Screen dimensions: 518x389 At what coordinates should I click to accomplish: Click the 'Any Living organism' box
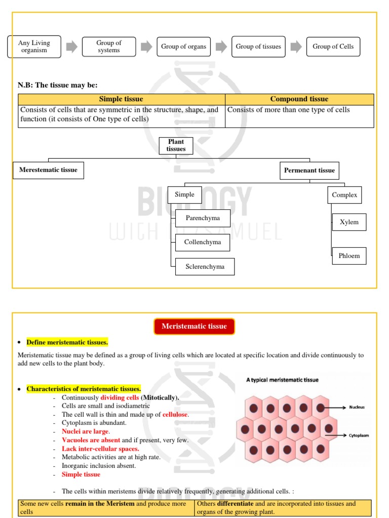pos(34,47)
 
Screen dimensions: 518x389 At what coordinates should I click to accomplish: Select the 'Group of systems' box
pos(108,47)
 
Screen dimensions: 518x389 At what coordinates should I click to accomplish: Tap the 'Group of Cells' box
pos(333,47)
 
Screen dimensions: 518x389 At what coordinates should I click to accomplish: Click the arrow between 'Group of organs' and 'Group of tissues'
pos(221,47)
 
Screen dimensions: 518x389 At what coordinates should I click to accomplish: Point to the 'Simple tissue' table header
pos(121,99)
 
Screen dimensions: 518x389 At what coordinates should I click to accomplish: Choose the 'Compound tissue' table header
pos(299,99)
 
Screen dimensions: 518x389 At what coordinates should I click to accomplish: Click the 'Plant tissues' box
pos(176,145)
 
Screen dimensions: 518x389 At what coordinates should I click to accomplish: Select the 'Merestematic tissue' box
pos(48,170)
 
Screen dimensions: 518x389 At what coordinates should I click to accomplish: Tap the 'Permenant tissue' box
pos(309,170)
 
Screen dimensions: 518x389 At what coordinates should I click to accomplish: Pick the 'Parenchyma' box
pos(203,218)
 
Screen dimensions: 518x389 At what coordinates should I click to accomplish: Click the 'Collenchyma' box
pos(202,242)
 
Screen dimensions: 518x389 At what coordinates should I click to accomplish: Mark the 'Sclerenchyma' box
pos(205,267)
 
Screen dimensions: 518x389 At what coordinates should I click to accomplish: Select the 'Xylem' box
pos(349,222)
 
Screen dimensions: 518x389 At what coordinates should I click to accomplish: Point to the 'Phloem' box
pos(349,256)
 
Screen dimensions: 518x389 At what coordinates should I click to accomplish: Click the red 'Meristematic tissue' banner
pos(194,326)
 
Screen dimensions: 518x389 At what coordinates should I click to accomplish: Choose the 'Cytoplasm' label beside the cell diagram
pos(358,435)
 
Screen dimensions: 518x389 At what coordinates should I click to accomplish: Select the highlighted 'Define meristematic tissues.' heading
pos(67,342)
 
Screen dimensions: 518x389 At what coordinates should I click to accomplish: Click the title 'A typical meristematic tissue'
pos(282,379)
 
